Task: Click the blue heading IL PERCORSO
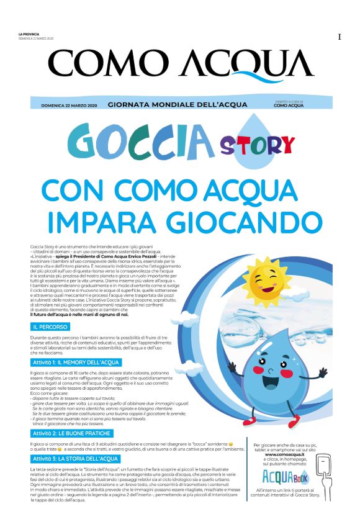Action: coord(50,326)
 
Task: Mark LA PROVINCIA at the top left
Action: coord(29,34)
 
